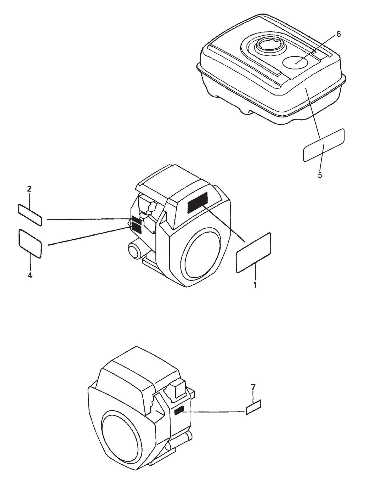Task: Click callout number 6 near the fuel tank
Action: pyautogui.click(x=338, y=34)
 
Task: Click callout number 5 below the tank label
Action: pyautogui.click(x=320, y=175)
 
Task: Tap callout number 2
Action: pyautogui.click(x=29, y=189)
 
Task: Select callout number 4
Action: pyautogui.click(x=30, y=275)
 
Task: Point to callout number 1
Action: pyautogui.click(x=255, y=285)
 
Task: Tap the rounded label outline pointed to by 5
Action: pyautogui.click(x=324, y=145)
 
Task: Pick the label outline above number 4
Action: pyautogui.click(x=30, y=243)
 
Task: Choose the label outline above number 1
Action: pyautogui.click(x=253, y=252)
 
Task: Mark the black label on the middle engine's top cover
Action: pyautogui.click(x=197, y=202)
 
